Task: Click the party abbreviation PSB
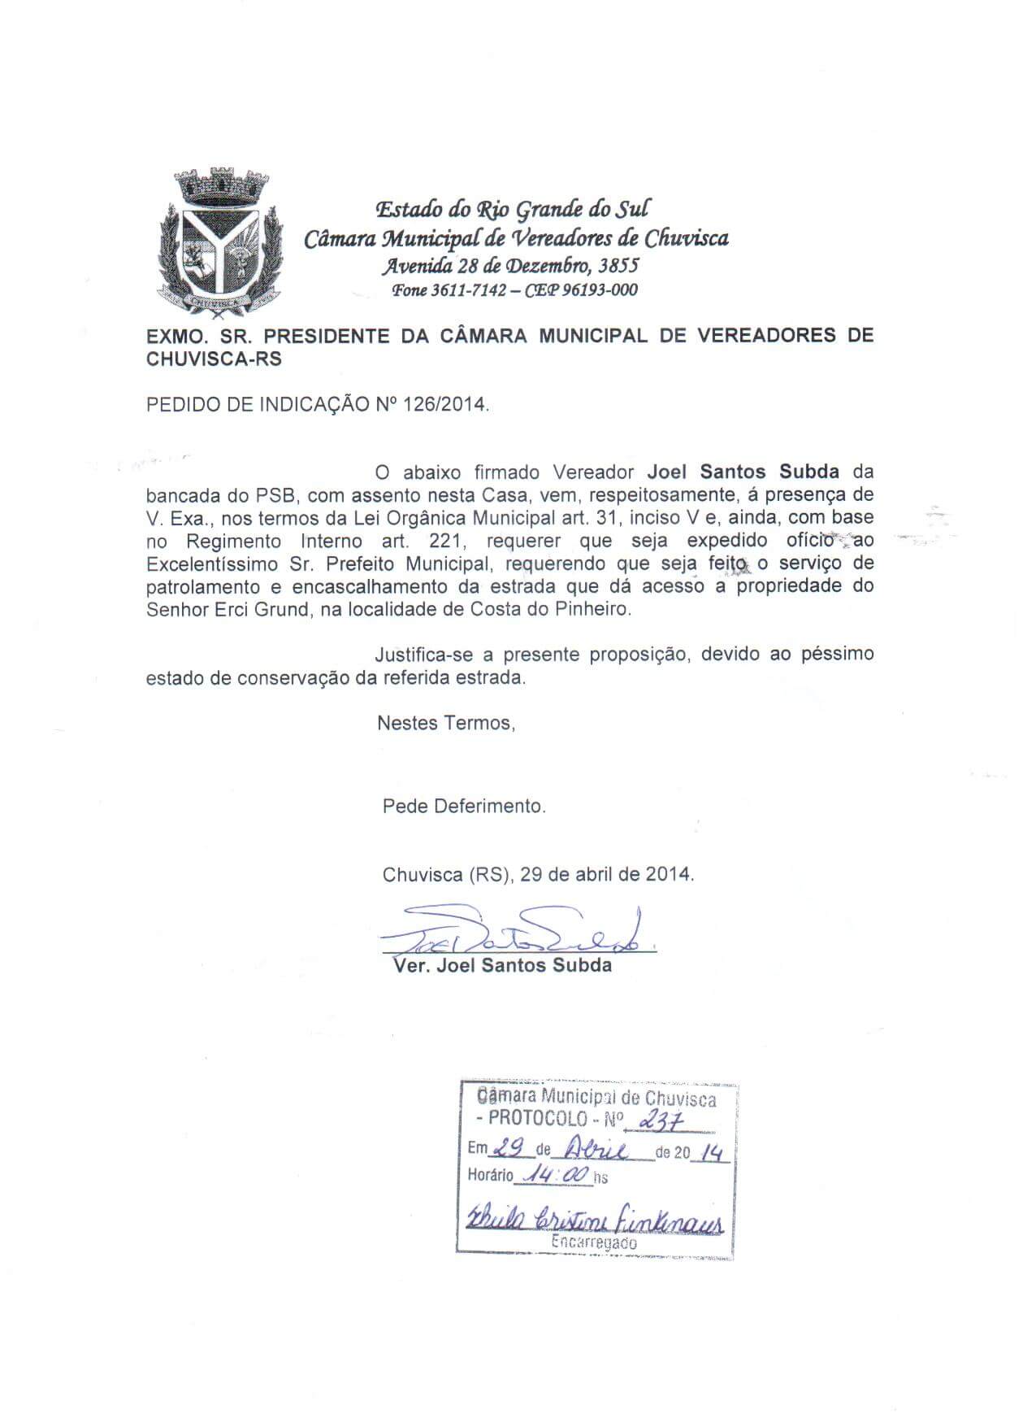pos(271,494)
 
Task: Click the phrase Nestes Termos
pos(445,722)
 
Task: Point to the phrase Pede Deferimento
pos(464,807)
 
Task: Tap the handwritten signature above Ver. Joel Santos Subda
pos(520,935)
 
